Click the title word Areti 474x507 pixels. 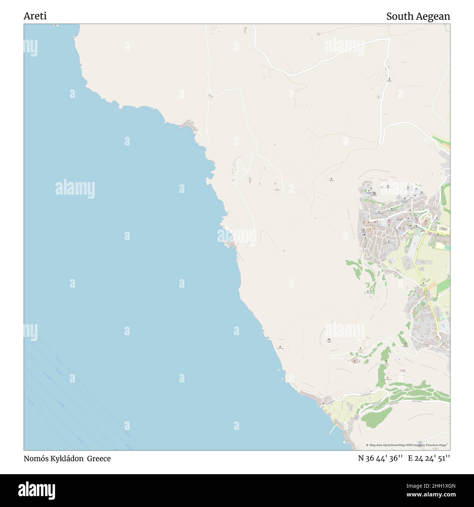click(35, 16)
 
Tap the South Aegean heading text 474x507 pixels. click(418, 16)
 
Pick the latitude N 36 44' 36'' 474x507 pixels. click(380, 458)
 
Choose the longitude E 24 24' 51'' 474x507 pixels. click(429, 458)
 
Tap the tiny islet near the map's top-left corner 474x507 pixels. click(55, 26)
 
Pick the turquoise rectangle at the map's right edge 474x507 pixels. click(447, 247)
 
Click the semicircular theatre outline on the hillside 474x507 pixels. click(354, 361)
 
